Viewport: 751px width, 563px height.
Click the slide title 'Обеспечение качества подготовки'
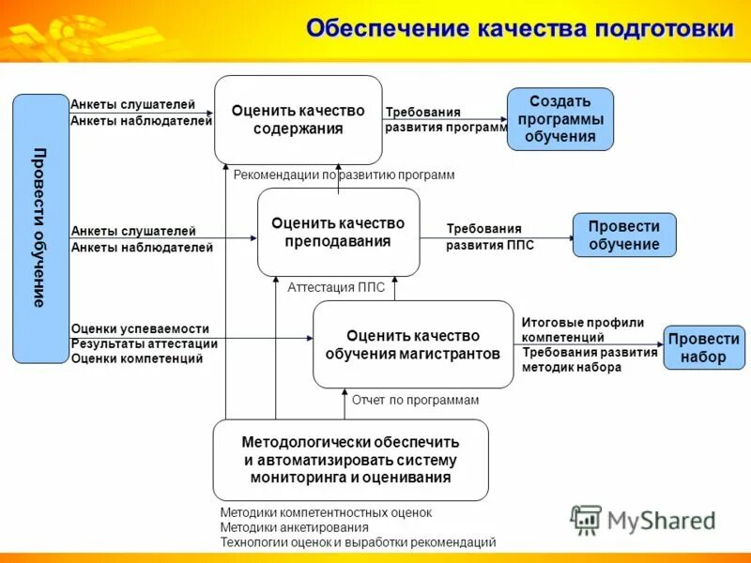pos(519,28)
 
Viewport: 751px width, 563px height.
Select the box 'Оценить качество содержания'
pos(298,120)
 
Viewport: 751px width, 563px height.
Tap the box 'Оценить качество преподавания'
pos(338,232)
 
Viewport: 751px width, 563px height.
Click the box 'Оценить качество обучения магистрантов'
pos(412,344)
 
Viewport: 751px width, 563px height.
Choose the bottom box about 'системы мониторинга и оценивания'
pos(350,459)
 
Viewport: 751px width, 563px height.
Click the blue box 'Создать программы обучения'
pos(560,119)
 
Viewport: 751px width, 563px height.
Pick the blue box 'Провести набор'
pos(704,347)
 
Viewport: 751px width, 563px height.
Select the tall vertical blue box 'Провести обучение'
pos(40,228)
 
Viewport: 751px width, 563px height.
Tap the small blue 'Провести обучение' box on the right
pos(624,236)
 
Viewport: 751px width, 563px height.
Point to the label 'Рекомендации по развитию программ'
pos(344,175)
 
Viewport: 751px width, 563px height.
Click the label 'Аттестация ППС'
pos(336,288)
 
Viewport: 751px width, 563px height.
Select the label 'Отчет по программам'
pos(415,400)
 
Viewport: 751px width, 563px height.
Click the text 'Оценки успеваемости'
pos(140,329)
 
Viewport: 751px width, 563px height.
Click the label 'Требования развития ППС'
pos(490,236)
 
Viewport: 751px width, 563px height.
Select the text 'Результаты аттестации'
pos(144,343)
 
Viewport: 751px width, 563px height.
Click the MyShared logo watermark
pos(643,519)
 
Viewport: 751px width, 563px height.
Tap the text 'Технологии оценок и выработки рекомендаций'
pos(358,542)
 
